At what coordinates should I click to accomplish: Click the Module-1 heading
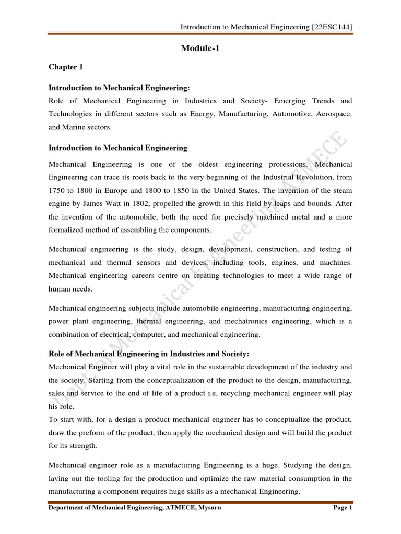click(x=200, y=48)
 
